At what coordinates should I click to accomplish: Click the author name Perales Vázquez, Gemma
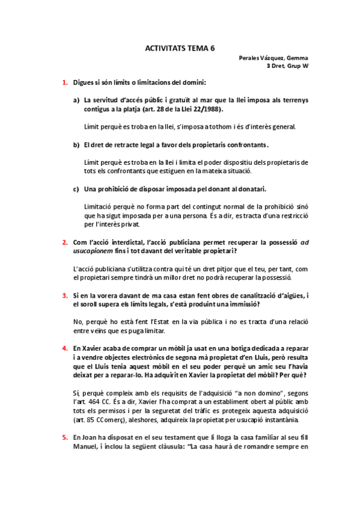tap(273, 58)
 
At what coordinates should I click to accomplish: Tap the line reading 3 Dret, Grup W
tap(288, 66)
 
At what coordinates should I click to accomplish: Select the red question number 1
tap(64, 82)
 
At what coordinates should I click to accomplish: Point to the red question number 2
tap(64, 242)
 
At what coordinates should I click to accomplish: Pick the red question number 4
tap(64, 348)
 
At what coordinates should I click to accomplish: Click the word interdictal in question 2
tap(118, 242)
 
